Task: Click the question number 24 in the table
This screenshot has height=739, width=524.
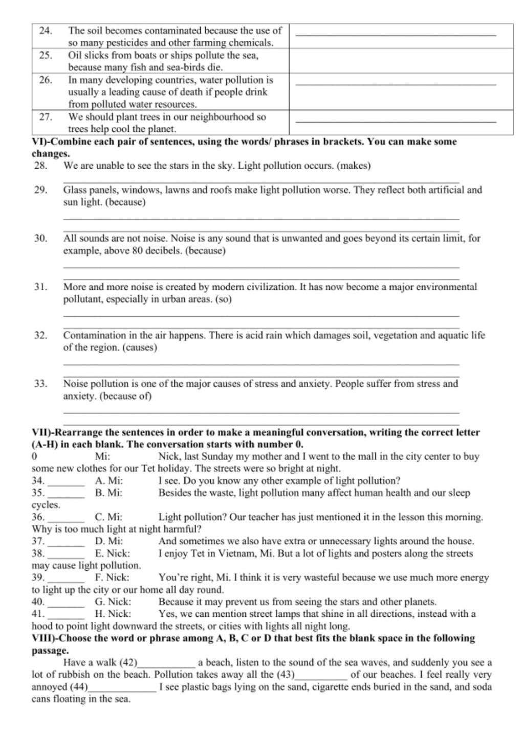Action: pyautogui.click(x=45, y=31)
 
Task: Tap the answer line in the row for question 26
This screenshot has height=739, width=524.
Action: pyautogui.click(x=396, y=84)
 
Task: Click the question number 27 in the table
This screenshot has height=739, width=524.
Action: pyautogui.click(x=46, y=117)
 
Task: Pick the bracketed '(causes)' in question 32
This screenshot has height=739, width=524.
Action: pyautogui.click(x=139, y=348)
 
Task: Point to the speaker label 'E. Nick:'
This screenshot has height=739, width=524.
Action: pyautogui.click(x=113, y=553)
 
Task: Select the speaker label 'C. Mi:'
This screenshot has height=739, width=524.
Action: pyautogui.click(x=108, y=517)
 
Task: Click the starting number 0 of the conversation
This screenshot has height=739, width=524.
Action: pyautogui.click(x=34, y=456)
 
